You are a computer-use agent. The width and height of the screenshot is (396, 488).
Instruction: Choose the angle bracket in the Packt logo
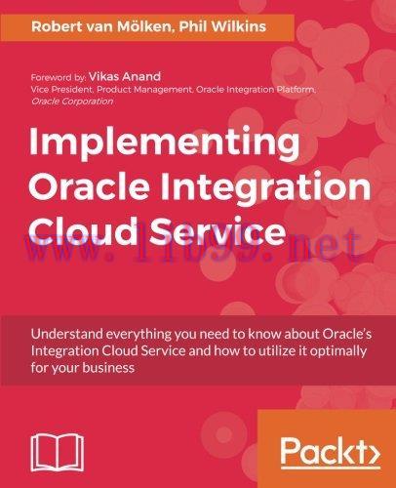369,453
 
